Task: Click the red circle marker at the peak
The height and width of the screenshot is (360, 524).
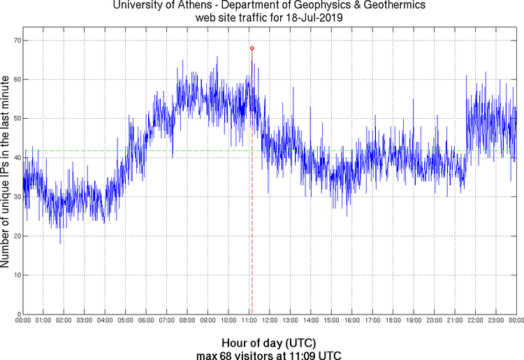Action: click(x=252, y=48)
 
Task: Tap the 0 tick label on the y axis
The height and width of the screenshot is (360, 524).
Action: click(x=16, y=314)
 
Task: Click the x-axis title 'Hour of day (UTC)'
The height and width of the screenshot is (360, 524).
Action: click(x=269, y=343)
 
